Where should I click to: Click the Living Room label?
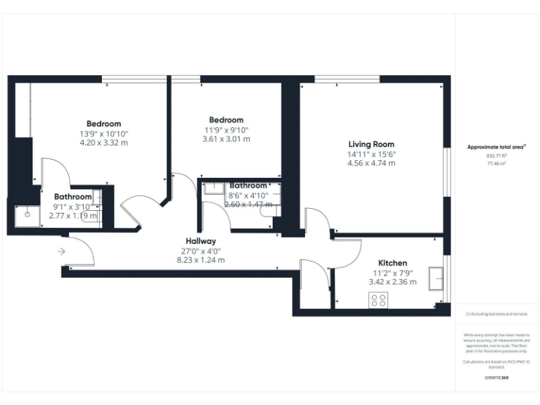(x=371, y=144)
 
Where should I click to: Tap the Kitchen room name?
(x=392, y=263)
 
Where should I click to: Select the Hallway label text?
(x=200, y=241)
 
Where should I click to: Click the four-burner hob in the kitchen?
(x=378, y=300)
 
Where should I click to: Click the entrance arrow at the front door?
(x=61, y=251)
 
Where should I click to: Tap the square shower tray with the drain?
(x=27, y=216)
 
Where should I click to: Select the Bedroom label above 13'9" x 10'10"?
(x=103, y=124)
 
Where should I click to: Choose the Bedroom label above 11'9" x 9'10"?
(x=226, y=120)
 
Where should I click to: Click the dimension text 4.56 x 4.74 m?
(x=371, y=163)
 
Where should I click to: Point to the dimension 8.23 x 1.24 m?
(x=200, y=259)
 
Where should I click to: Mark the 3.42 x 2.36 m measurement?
(x=392, y=282)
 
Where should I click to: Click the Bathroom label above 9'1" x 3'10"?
(x=73, y=197)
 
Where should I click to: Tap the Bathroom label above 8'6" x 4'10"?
(x=248, y=186)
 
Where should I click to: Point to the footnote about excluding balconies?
(x=496, y=314)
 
